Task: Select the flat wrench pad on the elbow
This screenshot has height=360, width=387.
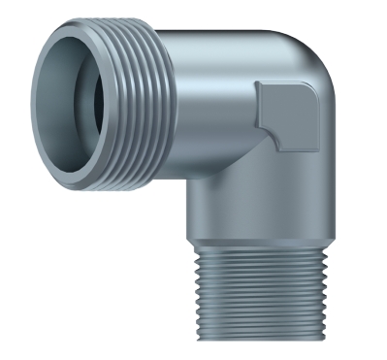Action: pos(292,114)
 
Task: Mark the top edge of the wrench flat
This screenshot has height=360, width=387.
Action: pos(286,83)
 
